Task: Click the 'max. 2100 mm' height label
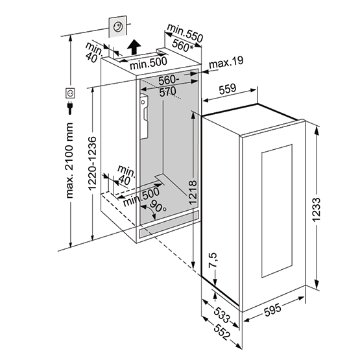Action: click(69, 160)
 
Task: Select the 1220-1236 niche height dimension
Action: click(93, 163)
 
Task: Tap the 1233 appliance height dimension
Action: click(317, 210)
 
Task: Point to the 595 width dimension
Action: click(272, 309)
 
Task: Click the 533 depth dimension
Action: click(222, 315)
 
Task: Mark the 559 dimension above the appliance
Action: click(227, 89)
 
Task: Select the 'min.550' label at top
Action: click(185, 33)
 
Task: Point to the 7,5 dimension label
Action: click(213, 260)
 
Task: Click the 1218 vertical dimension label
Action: click(193, 192)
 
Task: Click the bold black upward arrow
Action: click(134, 47)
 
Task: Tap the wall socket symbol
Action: click(70, 93)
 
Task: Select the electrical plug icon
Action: click(70, 108)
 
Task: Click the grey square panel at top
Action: click(117, 27)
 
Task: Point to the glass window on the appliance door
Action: click(277, 211)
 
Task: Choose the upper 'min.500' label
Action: click(149, 63)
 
